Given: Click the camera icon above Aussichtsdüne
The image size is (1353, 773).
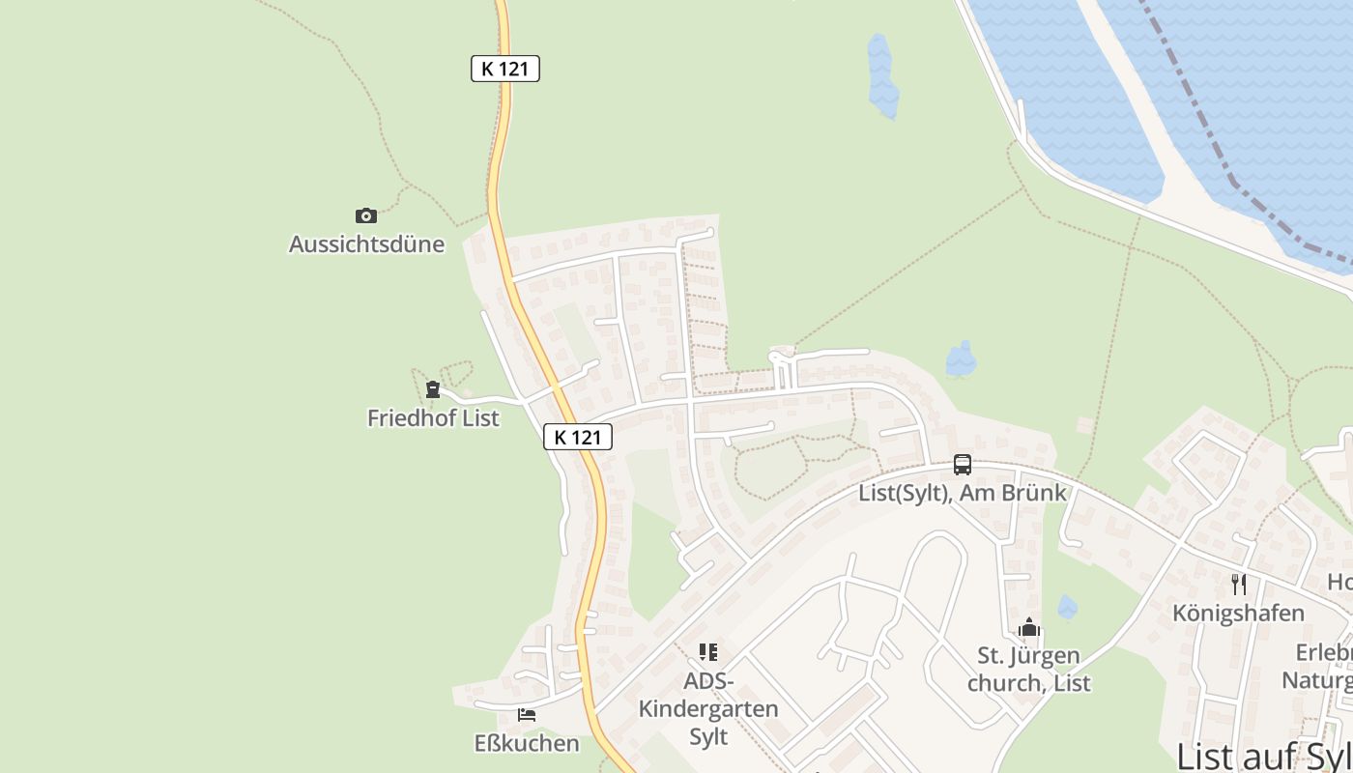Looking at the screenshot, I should click(x=365, y=215).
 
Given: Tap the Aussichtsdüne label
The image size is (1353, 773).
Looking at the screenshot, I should click(x=367, y=243).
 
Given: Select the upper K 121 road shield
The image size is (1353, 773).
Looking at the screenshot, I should click(x=504, y=69).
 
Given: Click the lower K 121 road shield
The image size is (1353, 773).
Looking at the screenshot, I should click(x=577, y=437).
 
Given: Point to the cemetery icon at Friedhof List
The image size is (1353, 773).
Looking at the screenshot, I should click(x=432, y=389).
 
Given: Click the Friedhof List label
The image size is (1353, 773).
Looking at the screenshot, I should click(x=433, y=418).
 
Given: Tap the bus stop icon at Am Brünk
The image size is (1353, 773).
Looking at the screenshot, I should click(x=963, y=465).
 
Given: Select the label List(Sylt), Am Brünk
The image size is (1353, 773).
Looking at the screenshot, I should click(x=963, y=493).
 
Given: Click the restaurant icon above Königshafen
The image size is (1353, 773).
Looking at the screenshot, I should click(x=1239, y=584).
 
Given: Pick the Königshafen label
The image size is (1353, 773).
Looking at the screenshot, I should click(x=1238, y=613).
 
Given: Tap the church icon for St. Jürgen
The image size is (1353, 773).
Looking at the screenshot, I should click(x=1028, y=628).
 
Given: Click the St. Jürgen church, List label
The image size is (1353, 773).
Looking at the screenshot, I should click(x=1028, y=670).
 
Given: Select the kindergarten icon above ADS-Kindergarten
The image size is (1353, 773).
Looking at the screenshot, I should click(x=708, y=652).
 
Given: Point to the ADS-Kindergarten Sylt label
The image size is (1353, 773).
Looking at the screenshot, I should click(x=708, y=709).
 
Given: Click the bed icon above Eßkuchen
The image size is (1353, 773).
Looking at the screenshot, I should click(x=527, y=715).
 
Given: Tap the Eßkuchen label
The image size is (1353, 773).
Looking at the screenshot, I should click(x=527, y=743).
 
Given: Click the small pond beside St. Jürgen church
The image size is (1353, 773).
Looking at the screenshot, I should click(x=1067, y=607).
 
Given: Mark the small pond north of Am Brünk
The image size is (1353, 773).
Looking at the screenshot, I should click(x=961, y=359).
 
